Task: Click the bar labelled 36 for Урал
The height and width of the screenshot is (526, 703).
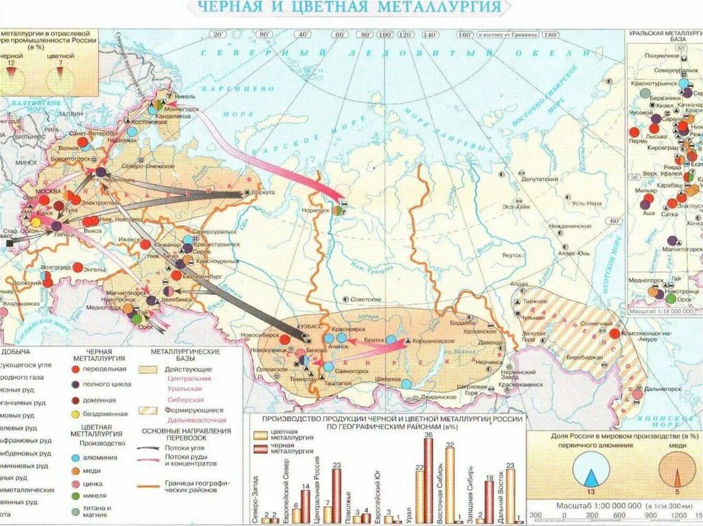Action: click(428, 480)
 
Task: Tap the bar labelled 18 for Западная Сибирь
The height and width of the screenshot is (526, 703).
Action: click(489, 501)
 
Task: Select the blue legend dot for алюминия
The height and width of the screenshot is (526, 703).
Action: click(74, 457)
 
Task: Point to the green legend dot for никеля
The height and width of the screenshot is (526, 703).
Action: click(74, 497)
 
